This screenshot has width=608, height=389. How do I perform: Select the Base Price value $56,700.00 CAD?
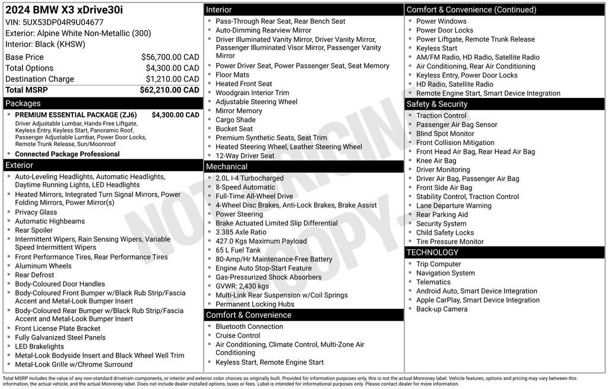click(170, 57)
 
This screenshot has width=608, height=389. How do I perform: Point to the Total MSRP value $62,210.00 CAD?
click(169, 90)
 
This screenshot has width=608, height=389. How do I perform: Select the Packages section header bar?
click(103, 103)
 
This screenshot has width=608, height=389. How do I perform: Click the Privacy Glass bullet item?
click(36, 212)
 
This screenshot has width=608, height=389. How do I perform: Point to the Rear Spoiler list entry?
click(34, 230)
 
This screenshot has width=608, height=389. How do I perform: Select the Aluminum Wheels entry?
click(43, 266)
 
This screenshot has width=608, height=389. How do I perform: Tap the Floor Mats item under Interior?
click(232, 75)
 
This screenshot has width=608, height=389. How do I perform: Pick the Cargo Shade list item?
click(235, 120)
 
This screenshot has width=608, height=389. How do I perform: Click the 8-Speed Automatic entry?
click(245, 187)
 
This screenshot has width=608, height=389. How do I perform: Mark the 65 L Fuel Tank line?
click(238, 250)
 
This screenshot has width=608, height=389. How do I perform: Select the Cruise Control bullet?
click(237, 336)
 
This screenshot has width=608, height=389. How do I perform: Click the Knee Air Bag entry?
click(436, 160)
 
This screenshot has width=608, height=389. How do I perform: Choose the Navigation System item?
click(445, 273)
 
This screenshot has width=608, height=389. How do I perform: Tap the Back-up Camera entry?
click(442, 309)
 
